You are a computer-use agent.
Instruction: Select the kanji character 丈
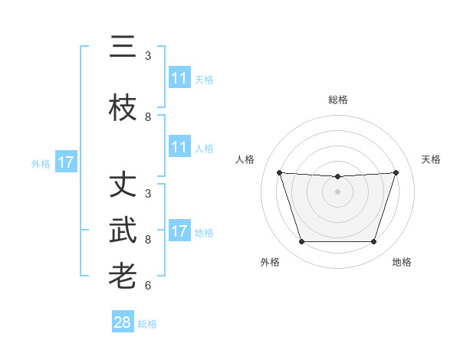[x=123, y=187]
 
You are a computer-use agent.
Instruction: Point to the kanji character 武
[x=123, y=231]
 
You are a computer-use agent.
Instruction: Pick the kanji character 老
[x=123, y=275]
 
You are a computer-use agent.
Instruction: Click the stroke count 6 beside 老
[x=148, y=286]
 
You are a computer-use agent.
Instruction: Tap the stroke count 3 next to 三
[x=148, y=55]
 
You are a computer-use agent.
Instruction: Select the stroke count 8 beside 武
[x=148, y=239]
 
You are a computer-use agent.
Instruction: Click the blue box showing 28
[x=123, y=322]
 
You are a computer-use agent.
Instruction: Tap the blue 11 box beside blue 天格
[x=179, y=78]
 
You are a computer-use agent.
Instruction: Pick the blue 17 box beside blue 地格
[x=179, y=231]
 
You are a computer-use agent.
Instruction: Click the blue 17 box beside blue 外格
[x=66, y=162]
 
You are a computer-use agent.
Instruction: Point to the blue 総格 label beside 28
[x=147, y=324]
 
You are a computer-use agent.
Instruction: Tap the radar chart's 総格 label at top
[x=338, y=100]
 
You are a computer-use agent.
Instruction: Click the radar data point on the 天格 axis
[x=396, y=172]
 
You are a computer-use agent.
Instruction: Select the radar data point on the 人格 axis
[x=279, y=172]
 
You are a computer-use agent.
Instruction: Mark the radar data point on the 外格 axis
[x=301, y=242]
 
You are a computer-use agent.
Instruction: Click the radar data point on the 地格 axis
[x=373, y=242]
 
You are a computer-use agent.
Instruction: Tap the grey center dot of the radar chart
[x=337, y=191]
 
